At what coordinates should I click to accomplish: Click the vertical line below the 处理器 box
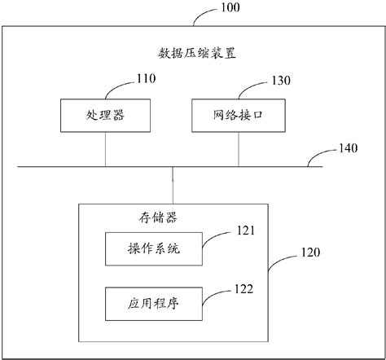[105, 149]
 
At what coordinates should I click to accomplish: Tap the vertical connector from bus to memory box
[173, 184]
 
